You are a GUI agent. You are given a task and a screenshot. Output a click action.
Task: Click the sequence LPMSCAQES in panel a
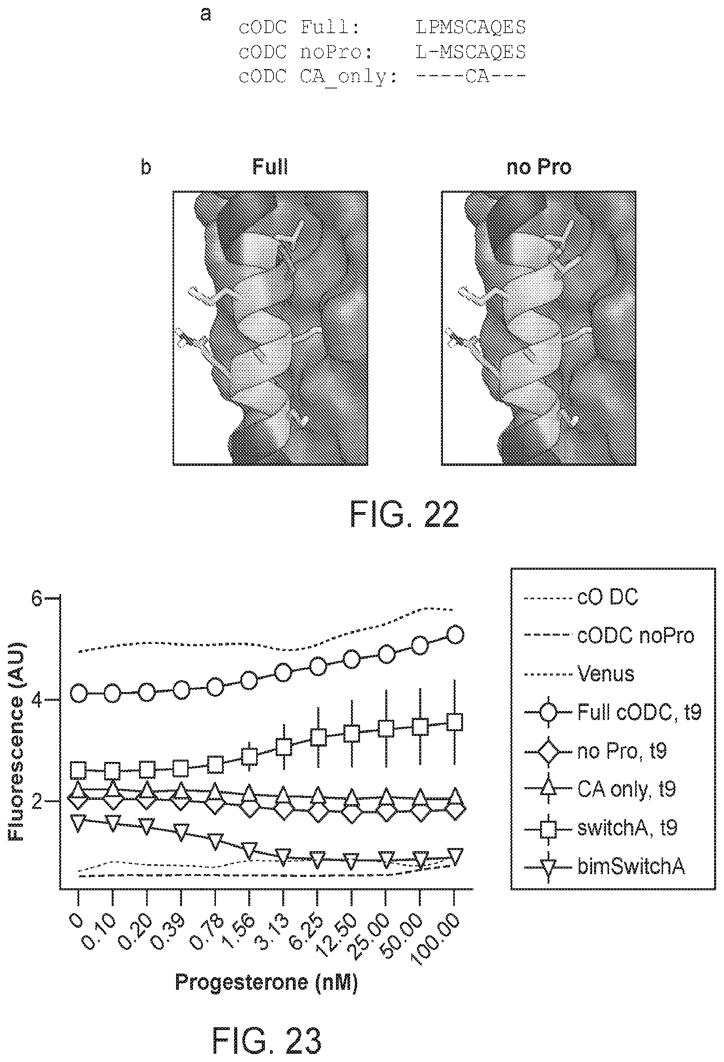pos(470,28)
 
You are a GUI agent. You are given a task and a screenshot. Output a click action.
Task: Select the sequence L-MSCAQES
pos(470,52)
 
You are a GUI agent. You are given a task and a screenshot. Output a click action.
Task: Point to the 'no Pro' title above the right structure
pos(539,167)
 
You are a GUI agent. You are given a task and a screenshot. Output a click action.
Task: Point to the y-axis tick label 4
pos(37,700)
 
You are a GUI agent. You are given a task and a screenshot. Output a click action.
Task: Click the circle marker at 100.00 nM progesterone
pos(455,635)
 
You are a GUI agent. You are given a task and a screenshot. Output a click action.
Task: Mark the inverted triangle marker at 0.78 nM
pos(215,839)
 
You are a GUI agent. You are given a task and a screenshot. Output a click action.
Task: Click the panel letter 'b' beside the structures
pos(145,167)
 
